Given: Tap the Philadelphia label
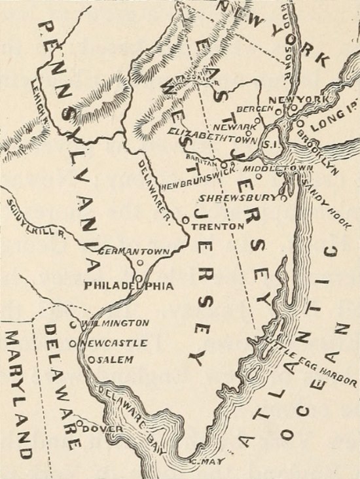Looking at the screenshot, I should point(128,286).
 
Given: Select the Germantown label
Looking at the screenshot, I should point(134,251).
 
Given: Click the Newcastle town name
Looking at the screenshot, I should point(113,342).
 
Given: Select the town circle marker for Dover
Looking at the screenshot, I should point(79,425).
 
